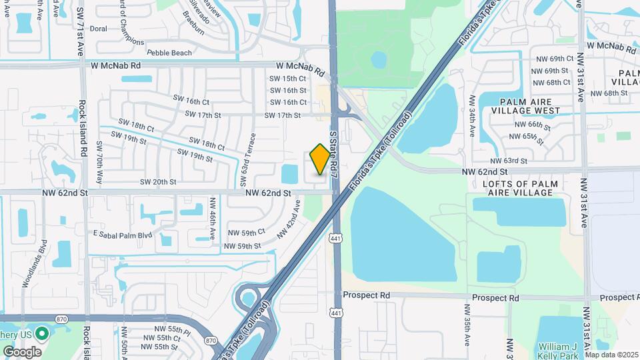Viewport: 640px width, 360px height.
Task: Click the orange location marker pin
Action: [x=320, y=159]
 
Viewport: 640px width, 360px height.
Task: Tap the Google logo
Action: [x=22, y=351]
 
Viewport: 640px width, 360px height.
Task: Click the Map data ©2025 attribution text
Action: [x=611, y=355]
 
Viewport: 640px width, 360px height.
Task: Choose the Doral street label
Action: [x=99, y=29]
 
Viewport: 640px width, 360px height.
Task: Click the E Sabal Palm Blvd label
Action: [x=123, y=235]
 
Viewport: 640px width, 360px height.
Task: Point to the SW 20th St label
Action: [x=158, y=182]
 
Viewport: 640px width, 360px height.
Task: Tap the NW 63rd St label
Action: [x=509, y=161]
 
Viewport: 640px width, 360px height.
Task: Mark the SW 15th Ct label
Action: [x=287, y=79]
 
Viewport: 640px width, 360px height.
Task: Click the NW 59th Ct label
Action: [x=246, y=233]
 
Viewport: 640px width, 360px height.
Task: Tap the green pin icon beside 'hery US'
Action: [x=43, y=331]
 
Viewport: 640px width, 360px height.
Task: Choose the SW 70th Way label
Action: [x=99, y=163]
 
